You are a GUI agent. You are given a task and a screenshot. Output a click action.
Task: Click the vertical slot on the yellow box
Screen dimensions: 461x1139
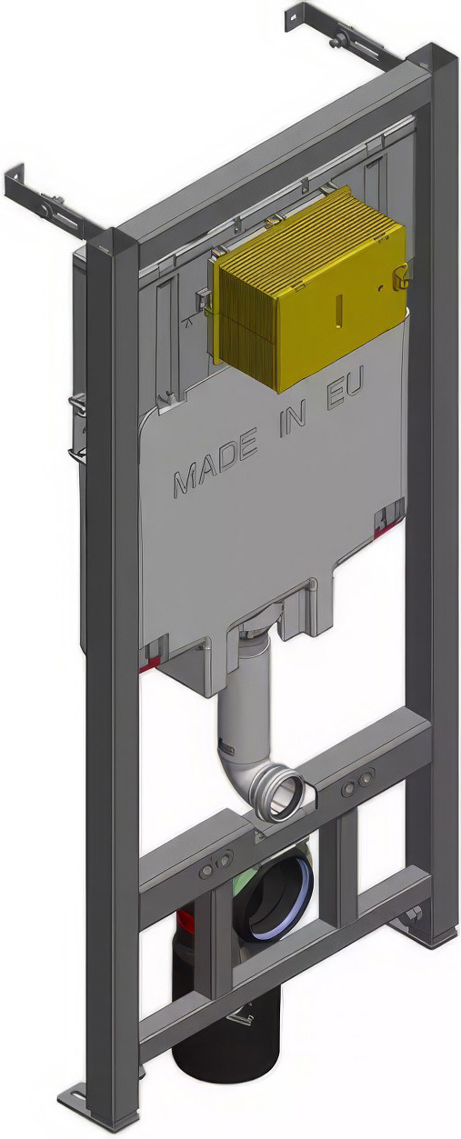tap(339, 308)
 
